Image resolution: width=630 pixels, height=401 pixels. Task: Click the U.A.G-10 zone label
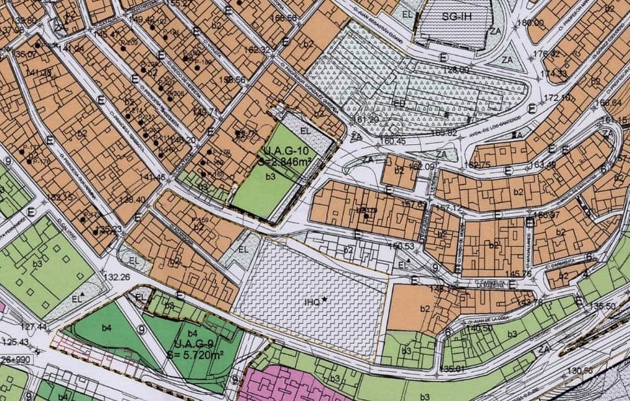click(x=281, y=153)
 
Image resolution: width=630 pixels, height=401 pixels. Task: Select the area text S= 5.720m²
click(x=197, y=355)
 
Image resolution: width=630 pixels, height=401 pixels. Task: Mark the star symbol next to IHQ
click(x=323, y=299)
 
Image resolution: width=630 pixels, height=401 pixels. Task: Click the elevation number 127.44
click(x=34, y=327)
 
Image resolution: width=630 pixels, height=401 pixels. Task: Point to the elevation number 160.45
click(x=392, y=141)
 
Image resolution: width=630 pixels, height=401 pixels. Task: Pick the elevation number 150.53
click(x=400, y=246)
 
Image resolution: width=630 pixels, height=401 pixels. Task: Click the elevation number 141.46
click(x=152, y=177)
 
